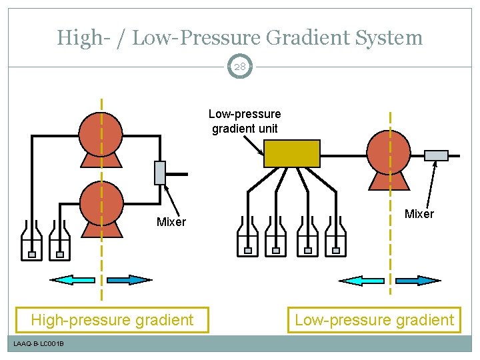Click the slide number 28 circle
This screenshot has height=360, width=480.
click(240, 67)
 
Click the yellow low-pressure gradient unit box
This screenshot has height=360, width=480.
click(292, 153)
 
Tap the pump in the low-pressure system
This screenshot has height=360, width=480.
click(389, 153)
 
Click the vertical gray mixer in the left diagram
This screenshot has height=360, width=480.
click(159, 173)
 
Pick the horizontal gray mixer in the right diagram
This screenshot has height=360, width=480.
click(436, 155)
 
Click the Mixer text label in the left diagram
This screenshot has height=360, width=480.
click(171, 222)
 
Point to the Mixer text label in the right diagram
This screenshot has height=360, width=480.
click(419, 214)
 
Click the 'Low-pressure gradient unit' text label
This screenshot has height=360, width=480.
click(245, 121)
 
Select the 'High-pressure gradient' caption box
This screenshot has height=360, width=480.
click(112, 320)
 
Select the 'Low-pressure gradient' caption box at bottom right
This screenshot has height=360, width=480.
click(374, 320)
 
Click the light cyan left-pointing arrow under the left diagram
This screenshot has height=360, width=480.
click(73, 280)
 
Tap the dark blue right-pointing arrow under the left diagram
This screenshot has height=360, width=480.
click(130, 280)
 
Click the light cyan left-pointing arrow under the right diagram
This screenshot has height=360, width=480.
click(361, 280)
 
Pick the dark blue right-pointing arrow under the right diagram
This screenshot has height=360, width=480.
click(418, 280)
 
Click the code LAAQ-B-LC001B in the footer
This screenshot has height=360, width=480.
click(39, 343)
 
